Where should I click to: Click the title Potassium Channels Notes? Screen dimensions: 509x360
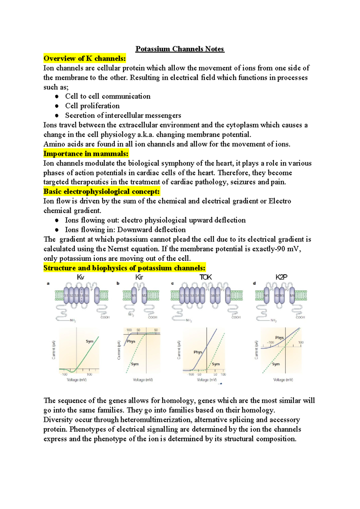[180, 49]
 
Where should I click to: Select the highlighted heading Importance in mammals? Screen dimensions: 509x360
[86, 154]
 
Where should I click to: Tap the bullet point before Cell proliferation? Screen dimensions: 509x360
[57, 106]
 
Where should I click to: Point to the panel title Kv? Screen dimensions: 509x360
[80, 277]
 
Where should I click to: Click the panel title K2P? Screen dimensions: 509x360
[281, 277]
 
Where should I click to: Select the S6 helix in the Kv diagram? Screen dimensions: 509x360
[97, 295]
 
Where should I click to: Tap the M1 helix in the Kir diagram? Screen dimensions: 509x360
[134, 295]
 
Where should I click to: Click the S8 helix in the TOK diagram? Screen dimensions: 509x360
[228, 295]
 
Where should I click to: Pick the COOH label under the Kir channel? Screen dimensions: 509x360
[152, 317]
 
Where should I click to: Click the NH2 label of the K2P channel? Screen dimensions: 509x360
[273, 320]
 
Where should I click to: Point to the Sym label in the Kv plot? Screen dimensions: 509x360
[89, 341]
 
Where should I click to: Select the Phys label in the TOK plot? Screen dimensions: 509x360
[198, 352]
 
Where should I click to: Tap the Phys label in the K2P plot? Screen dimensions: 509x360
[279, 338]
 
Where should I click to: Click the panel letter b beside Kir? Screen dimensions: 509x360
[118, 283]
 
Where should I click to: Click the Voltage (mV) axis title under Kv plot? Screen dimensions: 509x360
[77, 380]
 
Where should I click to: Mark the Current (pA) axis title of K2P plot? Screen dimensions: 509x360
[256, 350]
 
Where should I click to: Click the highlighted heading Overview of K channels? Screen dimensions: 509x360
[85, 58]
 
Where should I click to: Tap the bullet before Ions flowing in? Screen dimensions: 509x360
[57, 230]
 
